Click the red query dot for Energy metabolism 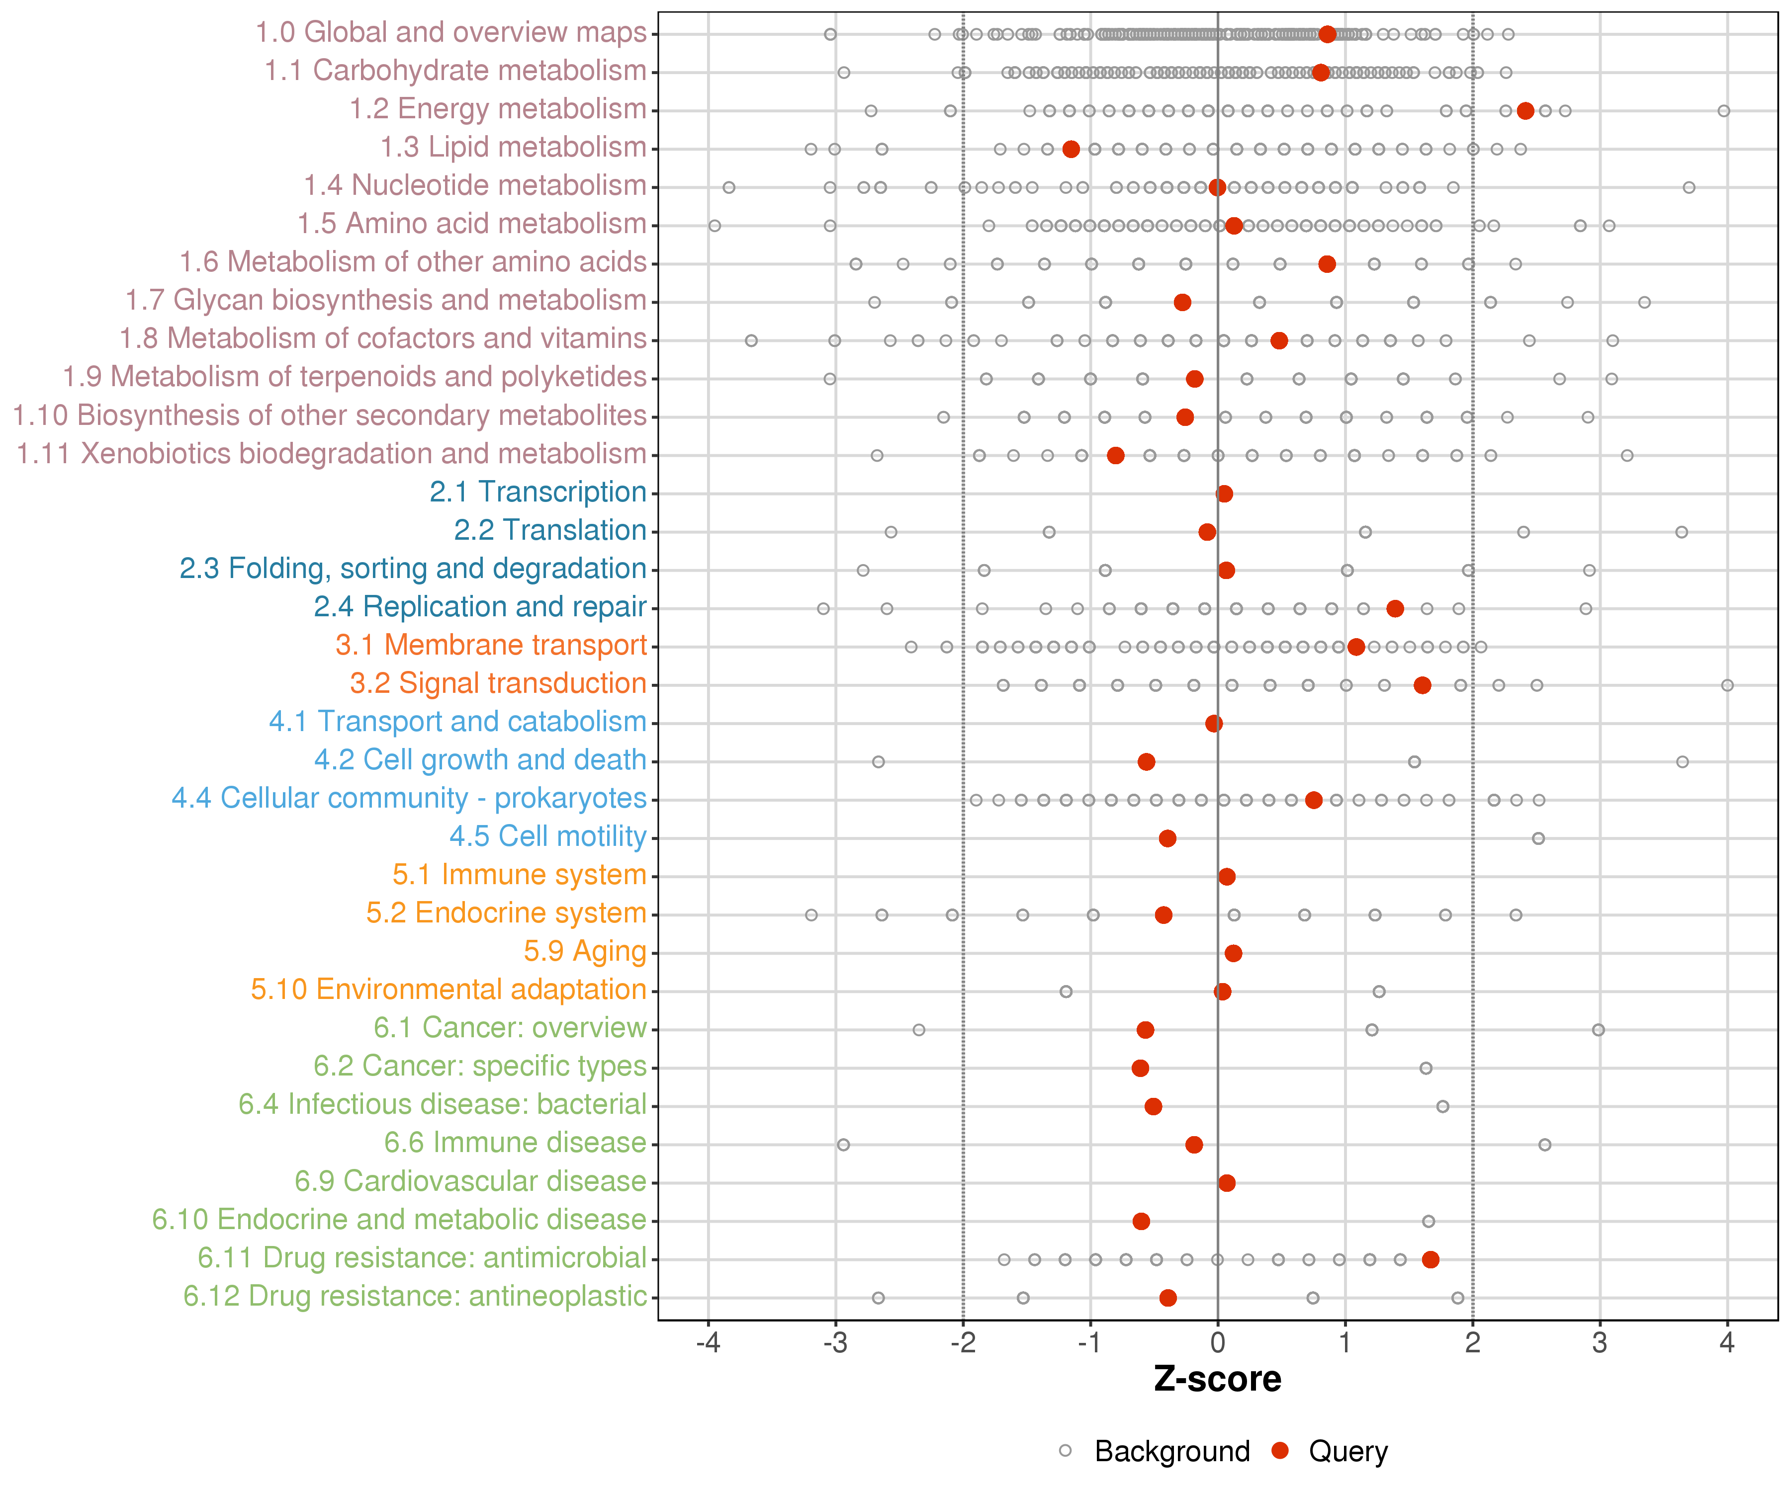(1526, 111)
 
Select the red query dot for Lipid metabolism (1072, 149)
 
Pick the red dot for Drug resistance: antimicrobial (1431, 1259)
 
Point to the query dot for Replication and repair (1395, 608)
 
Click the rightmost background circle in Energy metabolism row (1723, 111)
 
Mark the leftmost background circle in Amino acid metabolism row (715, 226)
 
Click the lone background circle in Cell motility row (1538, 838)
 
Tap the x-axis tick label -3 (835, 1343)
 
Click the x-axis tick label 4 (1727, 1343)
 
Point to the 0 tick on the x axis (1217, 1343)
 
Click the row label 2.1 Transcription (538, 493)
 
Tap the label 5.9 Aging (585, 952)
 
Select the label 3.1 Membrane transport (491, 645)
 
